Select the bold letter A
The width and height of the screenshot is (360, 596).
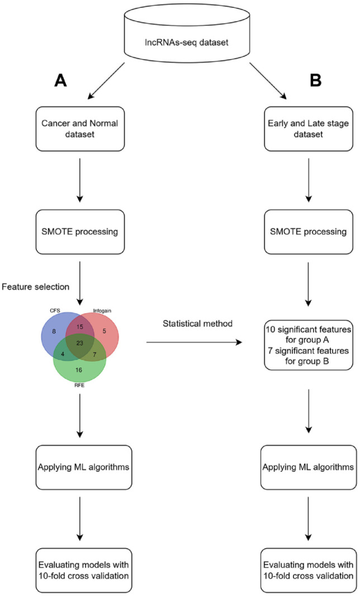pos(61,82)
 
